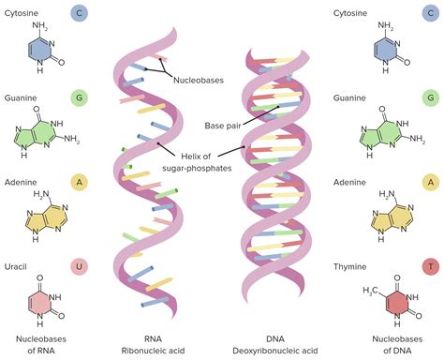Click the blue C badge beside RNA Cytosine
[x=82, y=14]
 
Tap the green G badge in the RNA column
[x=82, y=97]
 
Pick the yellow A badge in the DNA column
[x=430, y=182]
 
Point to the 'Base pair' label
[x=221, y=126]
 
